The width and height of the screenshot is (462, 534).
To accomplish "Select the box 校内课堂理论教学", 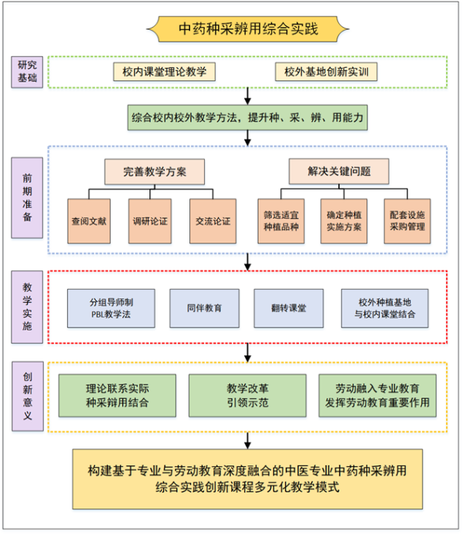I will [164, 72].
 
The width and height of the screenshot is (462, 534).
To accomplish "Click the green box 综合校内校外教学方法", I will [247, 118].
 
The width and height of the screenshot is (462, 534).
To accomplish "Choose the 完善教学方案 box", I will [155, 171].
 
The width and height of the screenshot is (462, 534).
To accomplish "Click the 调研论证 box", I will [150, 220].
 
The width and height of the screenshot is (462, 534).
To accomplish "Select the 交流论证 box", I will [212, 220].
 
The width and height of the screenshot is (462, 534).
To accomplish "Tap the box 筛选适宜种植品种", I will [280, 220].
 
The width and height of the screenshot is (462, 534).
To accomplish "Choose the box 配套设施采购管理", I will [406, 220].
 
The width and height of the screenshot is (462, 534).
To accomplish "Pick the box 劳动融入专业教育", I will [377, 395].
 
